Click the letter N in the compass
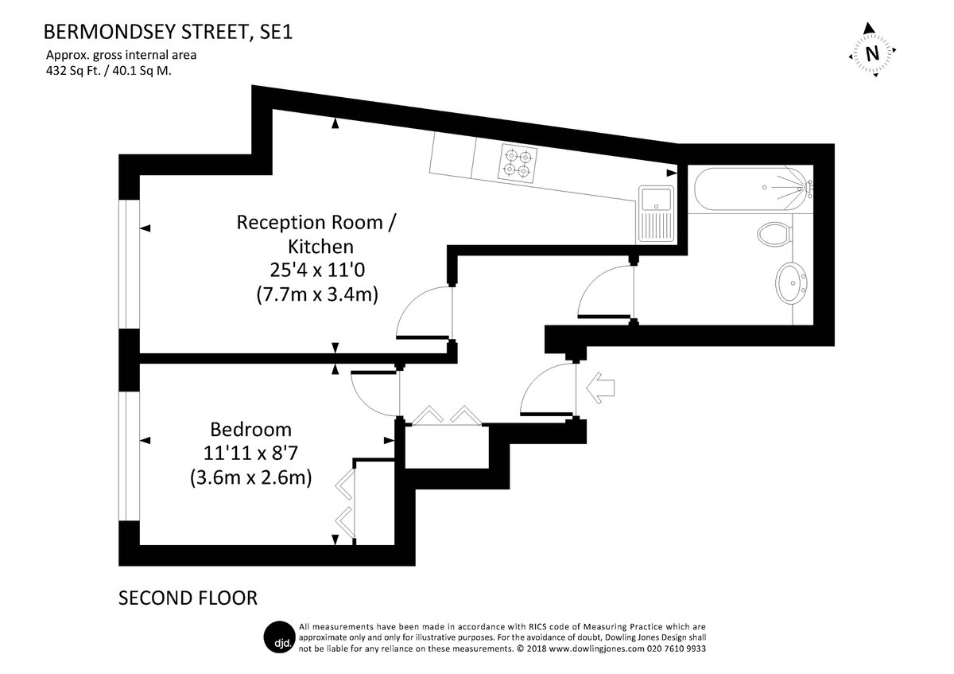click(873, 54)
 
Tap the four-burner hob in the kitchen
click(518, 164)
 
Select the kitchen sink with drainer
click(656, 214)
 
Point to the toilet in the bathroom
click(775, 234)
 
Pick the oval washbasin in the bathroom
click(791, 283)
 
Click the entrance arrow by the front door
click(600, 388)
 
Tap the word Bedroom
click(251, 429)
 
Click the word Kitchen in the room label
click(320, 247)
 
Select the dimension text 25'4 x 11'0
click(317, 270)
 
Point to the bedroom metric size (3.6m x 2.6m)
click(251, 477)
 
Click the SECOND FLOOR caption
click(188, 598)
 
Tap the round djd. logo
click(280, 637)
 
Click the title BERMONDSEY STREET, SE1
click(169, 32)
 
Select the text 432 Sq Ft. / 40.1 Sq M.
click(109, 71)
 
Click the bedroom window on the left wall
click(129, 456)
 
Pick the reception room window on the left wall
click(129, 264)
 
